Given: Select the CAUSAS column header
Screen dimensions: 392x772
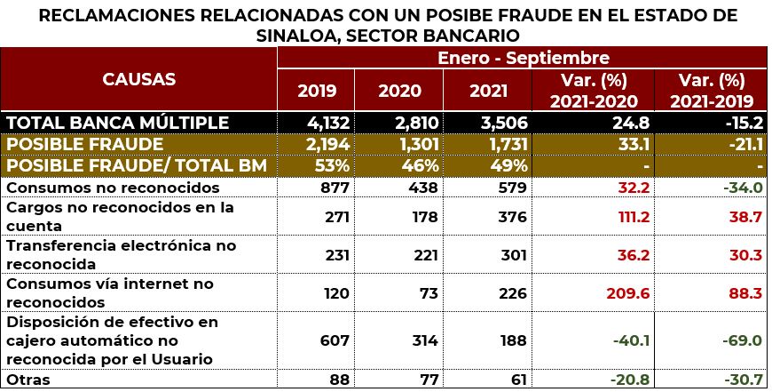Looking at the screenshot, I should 139,78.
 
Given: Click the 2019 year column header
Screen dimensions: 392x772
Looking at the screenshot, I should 316,91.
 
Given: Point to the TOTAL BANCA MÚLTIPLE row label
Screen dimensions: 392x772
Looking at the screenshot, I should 118,123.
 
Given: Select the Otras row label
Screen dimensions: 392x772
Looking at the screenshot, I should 27,380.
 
